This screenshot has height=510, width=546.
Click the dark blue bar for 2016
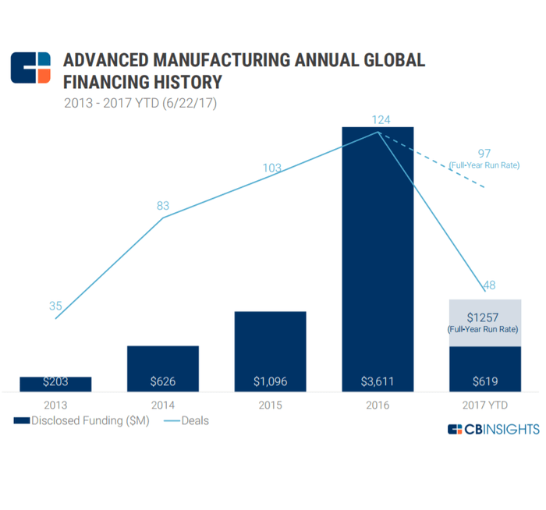[x=378, y=250]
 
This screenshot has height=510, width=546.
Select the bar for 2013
[x=55, y=383]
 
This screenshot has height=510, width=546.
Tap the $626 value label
[x=162, y=382]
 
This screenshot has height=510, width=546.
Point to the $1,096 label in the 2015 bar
[x=270, y=382]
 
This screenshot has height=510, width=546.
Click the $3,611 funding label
[x=378, y=382]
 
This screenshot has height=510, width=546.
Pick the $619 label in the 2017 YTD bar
[x=484, y=382]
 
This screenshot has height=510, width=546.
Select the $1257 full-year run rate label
[x=484, y=317]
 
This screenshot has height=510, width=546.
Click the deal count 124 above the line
[x=381, y=119]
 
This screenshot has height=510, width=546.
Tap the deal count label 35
[x=55, y=306]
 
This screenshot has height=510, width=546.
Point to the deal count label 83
[x=163, y=206]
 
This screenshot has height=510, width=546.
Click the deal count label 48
[x=489, y=285]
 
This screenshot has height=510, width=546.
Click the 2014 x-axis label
[x=162, y=405]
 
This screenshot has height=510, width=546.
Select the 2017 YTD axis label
[x=484, y=405]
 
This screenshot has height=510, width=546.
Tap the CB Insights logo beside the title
[x=30, y=69]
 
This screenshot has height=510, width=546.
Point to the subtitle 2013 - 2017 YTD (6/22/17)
[x=140, y=102]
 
